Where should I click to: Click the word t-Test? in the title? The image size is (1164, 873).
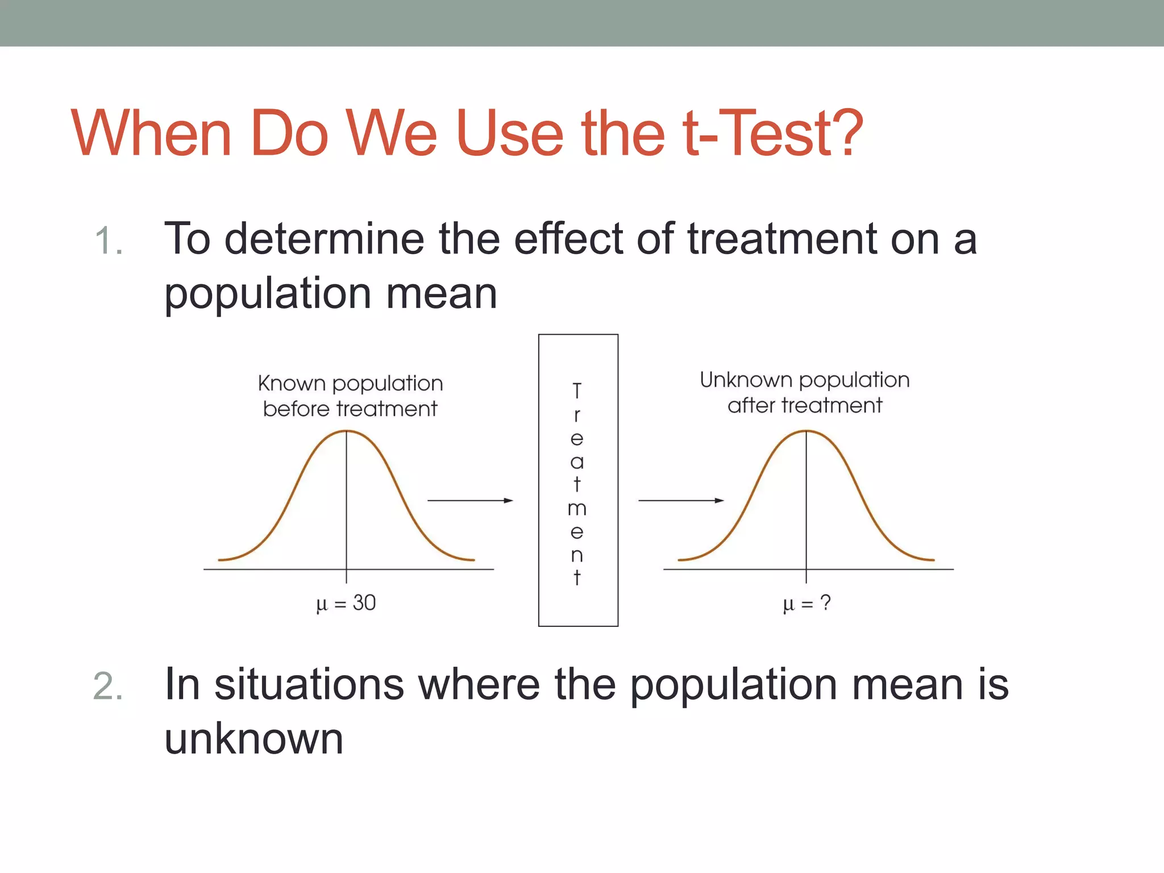[773, 134]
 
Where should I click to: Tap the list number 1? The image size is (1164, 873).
[108, 241]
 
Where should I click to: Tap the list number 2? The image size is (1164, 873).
[108, 687]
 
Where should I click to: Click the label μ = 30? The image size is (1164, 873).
[346, 603]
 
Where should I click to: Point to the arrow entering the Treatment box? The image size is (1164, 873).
[470, 501]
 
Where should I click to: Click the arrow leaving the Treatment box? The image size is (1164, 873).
[681, 501]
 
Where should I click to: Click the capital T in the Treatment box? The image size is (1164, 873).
[577, 391]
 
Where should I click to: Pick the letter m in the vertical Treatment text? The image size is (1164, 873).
[577, 509]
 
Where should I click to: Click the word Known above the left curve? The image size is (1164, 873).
[292, 384]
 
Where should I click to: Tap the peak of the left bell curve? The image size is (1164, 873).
[347, 432]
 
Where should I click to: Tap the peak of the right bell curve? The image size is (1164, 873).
[806, 432]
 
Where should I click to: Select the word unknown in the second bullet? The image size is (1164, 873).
[253, 739]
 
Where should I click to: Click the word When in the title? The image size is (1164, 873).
[151, 134]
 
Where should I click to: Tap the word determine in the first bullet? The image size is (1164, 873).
[324, 239]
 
